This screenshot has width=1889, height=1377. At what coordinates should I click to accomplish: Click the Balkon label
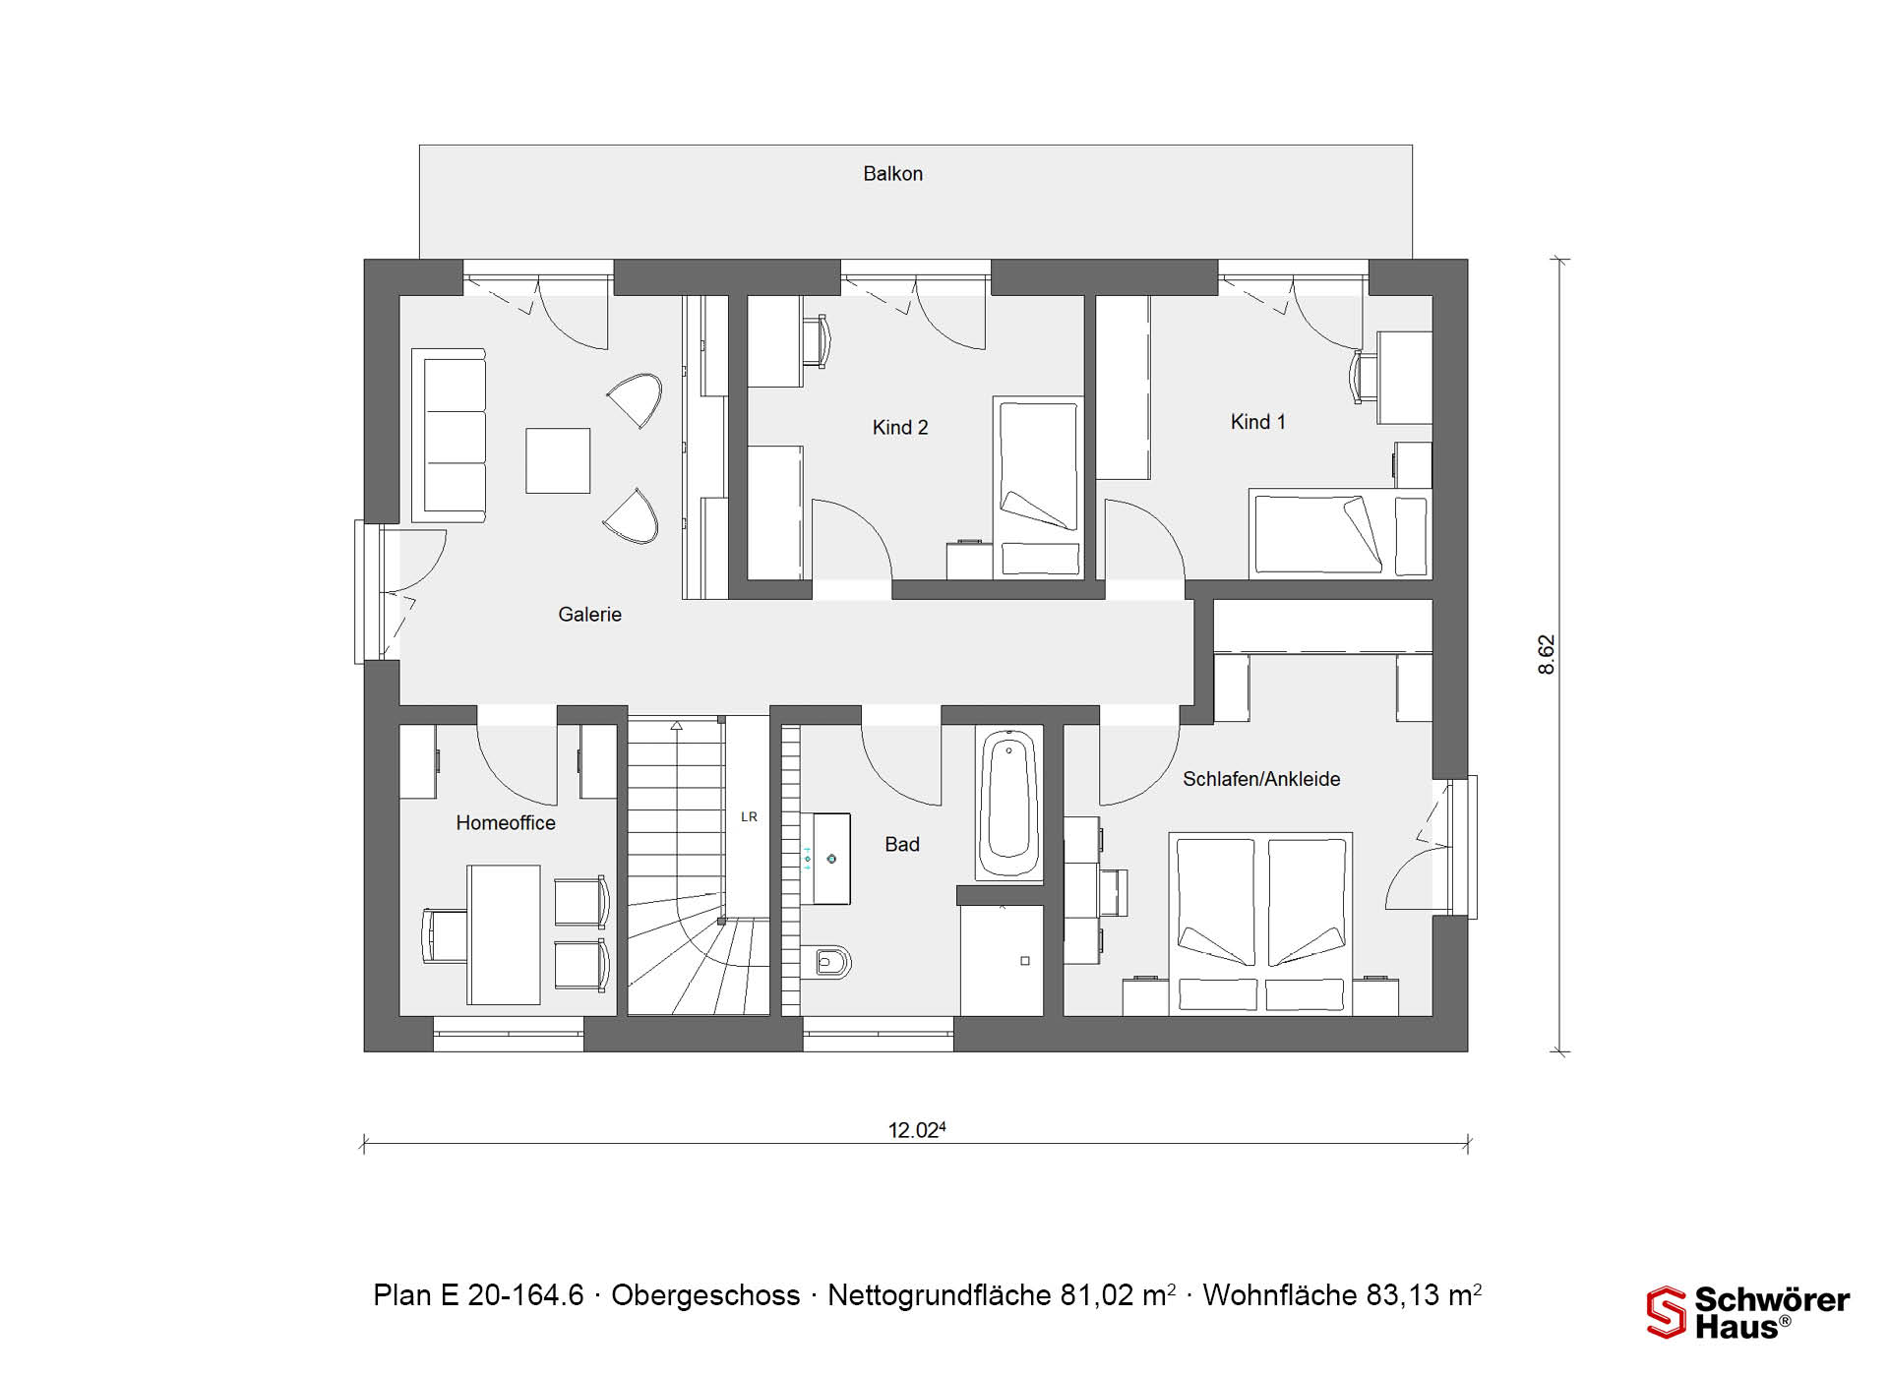(892, 174)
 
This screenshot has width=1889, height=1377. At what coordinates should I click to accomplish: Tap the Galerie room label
(589, 615)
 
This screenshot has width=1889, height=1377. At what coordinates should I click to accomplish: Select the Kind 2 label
(900, 428)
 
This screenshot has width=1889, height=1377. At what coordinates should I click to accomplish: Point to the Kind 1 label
(1257, 422)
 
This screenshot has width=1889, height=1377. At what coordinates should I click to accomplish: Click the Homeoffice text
(506, 823)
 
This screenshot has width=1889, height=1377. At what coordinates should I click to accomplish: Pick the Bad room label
(902, 845)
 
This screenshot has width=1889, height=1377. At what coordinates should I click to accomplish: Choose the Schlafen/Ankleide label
(1261, 779)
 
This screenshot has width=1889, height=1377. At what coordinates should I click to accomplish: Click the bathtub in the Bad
(1009, 804)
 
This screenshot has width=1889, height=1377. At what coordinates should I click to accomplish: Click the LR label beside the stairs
(749, 816)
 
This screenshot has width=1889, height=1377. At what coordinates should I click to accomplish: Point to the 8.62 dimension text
(1547, 655)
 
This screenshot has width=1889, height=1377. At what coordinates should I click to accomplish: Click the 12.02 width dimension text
(917, 1130)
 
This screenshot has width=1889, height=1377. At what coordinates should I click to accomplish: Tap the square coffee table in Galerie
(558, 460)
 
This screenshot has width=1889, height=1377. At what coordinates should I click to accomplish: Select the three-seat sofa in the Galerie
(449, 435)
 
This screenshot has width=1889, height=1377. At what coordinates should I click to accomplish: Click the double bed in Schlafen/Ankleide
(1260, 924)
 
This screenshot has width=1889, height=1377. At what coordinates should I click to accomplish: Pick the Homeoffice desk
(504, 934)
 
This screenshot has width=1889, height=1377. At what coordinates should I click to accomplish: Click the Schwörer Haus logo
(1748, 1313)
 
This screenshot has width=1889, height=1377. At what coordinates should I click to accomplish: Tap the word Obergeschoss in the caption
(705, 1295)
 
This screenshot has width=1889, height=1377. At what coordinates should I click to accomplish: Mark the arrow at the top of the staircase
(677, 726)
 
